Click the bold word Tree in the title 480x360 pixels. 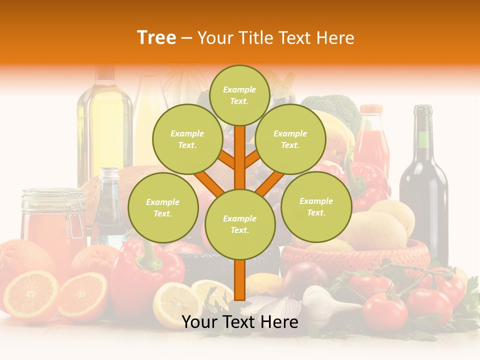tap(156, 37)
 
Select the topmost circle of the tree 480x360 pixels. tap(239, 95)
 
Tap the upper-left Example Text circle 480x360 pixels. tap(187, 139)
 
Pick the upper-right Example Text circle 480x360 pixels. tap(290, 139)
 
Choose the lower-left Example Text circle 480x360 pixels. tap(163, 207)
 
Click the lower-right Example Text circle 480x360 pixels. tap(316, 206)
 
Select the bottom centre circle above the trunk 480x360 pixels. tap(240, 224)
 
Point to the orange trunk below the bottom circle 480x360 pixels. tap(240, 280)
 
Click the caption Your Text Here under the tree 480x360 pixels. tap(240, 322)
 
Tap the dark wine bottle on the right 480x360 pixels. tap(422, 185)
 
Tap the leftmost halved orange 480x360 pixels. tap(31, 295)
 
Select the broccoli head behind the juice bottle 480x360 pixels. tap(335, 110)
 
